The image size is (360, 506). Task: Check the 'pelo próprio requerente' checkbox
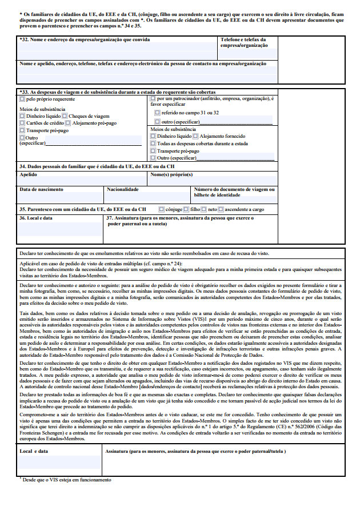click(22, 99)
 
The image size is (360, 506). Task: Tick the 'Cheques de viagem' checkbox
click(66, 115)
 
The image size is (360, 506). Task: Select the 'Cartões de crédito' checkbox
click(22, 123)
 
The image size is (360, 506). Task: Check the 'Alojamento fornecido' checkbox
click(195, 137)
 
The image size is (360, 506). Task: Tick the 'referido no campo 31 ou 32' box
click(157, 113)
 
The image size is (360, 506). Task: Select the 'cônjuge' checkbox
click(162, 210)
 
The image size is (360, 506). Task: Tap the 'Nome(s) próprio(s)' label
click(171, 175)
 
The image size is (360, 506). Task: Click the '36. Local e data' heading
click(36, 218)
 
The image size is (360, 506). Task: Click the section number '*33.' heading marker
click(24, 92)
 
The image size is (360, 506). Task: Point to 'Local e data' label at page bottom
click(34, 452)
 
